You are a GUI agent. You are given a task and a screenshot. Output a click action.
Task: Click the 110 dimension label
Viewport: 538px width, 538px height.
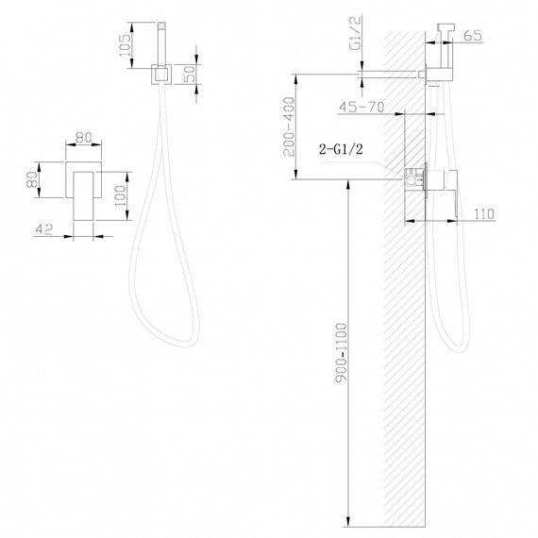click(x=485, y=215)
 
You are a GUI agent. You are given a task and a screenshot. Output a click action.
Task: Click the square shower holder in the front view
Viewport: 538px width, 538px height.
click(x=160, y=73)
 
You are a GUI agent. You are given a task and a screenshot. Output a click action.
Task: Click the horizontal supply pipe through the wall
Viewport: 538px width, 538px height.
click(x=396, y=72)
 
